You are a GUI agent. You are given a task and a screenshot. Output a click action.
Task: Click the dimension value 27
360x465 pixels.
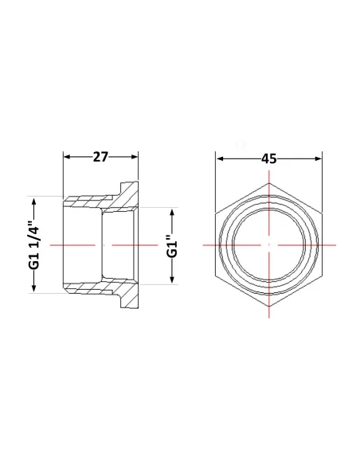101,157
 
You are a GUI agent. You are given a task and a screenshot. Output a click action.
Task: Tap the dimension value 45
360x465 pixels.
268,159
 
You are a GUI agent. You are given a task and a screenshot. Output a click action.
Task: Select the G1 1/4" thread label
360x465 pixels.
34,244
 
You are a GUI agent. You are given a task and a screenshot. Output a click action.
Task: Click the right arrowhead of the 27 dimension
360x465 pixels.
134,157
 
